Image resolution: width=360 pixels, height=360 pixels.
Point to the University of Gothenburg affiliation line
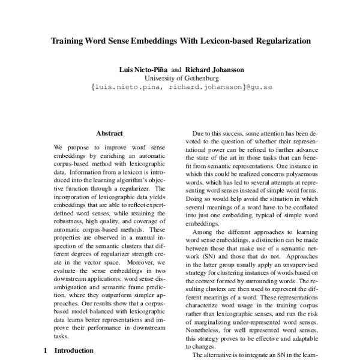tap(180, 78)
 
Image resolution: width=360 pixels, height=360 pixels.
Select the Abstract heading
tap(110, 133)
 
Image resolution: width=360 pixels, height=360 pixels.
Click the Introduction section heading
tap(74, 350)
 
